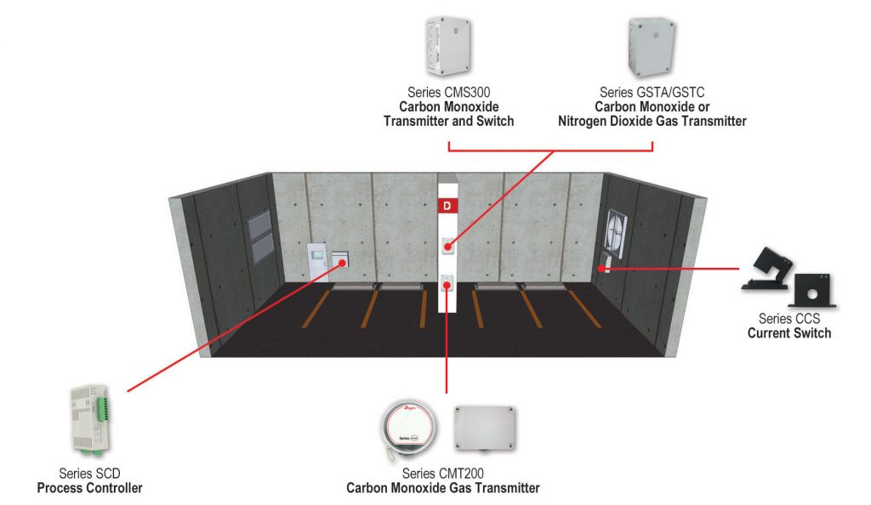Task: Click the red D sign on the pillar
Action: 447,206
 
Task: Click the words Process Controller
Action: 90,488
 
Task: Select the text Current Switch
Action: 788,333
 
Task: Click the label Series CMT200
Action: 442,474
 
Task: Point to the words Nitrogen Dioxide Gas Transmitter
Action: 652,122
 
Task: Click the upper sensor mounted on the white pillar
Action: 447,246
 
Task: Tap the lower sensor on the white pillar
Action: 447,285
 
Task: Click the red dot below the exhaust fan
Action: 602,268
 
